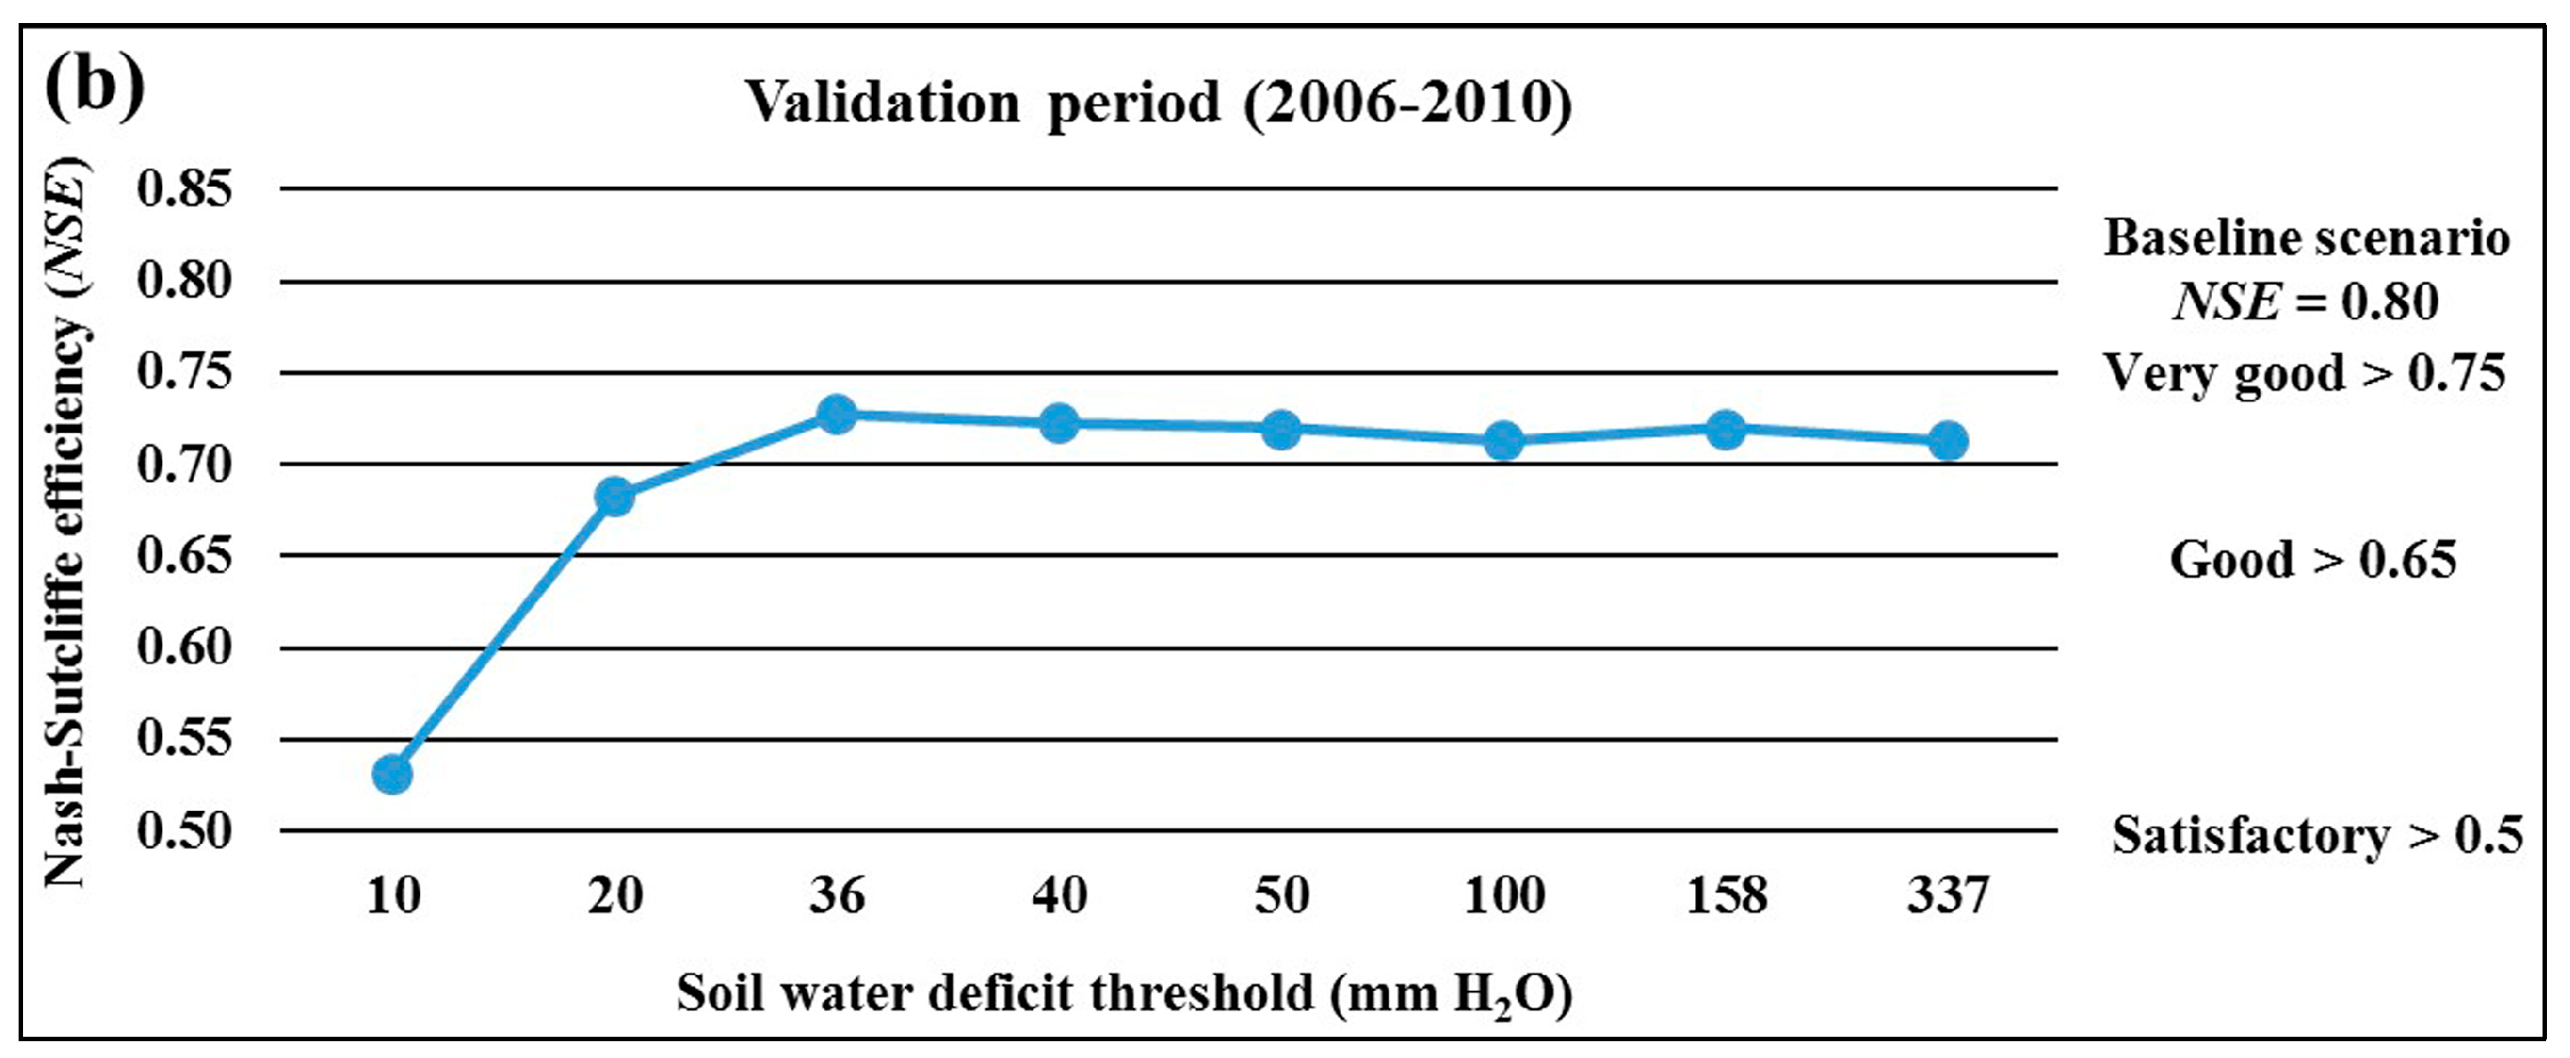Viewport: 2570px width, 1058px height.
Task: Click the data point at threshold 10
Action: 392,774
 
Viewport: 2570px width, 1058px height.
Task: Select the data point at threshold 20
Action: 614,496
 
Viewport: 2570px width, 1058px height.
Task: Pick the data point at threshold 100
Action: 1504,440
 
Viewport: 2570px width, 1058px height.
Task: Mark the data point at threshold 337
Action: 1948,440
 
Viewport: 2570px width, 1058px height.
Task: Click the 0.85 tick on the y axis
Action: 184,189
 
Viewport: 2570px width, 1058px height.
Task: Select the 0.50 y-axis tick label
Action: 184,830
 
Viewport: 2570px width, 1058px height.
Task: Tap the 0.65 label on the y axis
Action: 184,555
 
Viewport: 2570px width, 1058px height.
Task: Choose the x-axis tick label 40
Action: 1060,895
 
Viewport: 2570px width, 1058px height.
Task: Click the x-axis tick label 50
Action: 1281,895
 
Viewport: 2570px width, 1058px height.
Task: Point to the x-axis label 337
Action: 1948,895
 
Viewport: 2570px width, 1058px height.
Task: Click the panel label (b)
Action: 95,88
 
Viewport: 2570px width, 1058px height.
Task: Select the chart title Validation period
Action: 1158,104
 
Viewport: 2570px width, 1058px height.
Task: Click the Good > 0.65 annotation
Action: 2313,560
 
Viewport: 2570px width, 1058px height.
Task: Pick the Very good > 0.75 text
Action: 2305,375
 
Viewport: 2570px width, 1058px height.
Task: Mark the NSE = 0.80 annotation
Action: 2306,301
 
